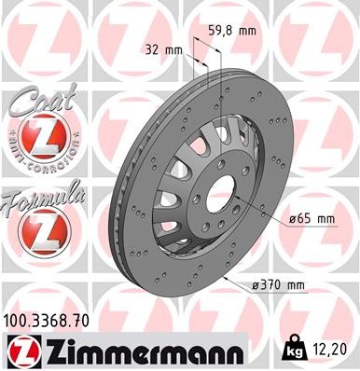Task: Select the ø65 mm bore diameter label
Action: click(310, 219)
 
